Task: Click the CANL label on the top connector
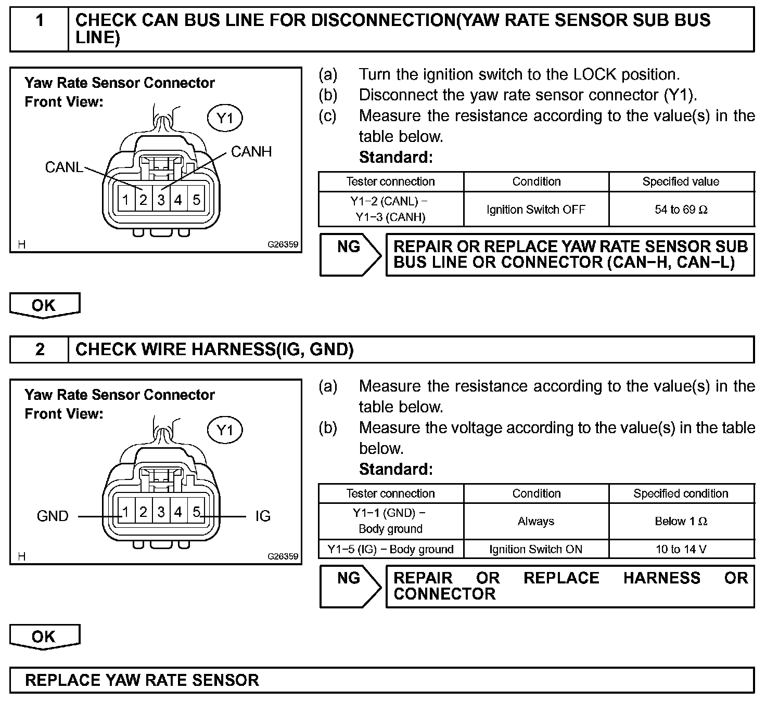pyautogui.click(x=63, y=167)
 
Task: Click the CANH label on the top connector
pyautogui.click(x=251, y=152)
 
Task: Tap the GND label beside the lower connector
pyautogui.click(x=53, y=516)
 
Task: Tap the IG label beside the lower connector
pyautogui.click(x=263, y=516)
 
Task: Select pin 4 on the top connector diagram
pyautogui.click(x=178, y=200)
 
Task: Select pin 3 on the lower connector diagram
pyautogui.click(x=161, y=512)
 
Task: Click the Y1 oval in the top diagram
pyautogui.click(x=225, y=119)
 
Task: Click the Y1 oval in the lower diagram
pyautogui.click(x=225, y=431)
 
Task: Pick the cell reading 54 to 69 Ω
pyautogui.click(x=681, y=210)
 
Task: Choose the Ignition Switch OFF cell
pyautogui.click(x=536, y=210)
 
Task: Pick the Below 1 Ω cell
pyautogui.click(x=681, y=522)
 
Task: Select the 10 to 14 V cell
pyautogui.click(x=681, y=550)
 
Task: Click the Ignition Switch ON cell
pyautogui.click(x=536, y=550)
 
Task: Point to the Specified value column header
pyautogui.click(x=681, y=181)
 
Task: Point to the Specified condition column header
pyautogui.click(x=681, y=493)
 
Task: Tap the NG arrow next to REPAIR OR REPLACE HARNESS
pyautogui.click(x=350, y=586)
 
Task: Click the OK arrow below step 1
pyautogui.click(x=44, y=305)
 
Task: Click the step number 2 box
pyautogui.click(x=40, y=349)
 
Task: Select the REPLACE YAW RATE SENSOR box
pyautogui.click(x=381, y=680)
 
